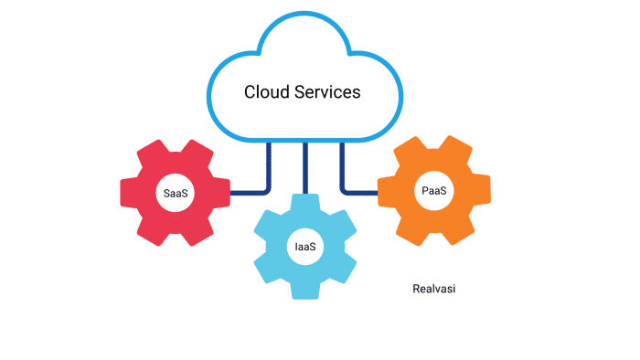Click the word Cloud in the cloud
pos(265,92)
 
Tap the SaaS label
pos(176,193)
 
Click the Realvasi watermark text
pos(434,289)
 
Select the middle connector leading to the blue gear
pos(305,169)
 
